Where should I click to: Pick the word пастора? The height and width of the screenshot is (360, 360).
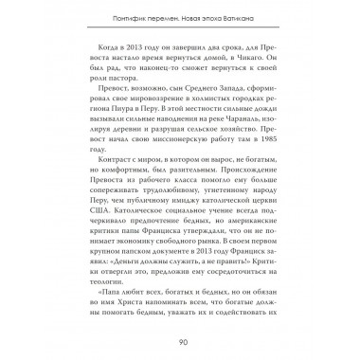(124, 99)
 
